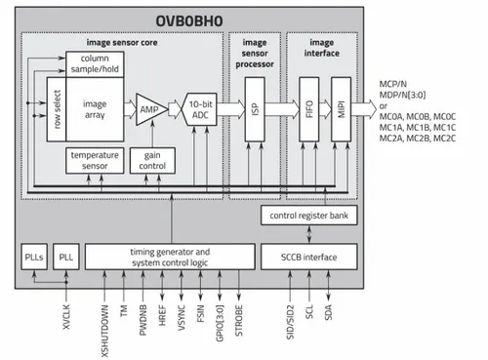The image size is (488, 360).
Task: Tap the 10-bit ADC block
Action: [199, 106]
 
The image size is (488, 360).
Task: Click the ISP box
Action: [254, 106]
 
